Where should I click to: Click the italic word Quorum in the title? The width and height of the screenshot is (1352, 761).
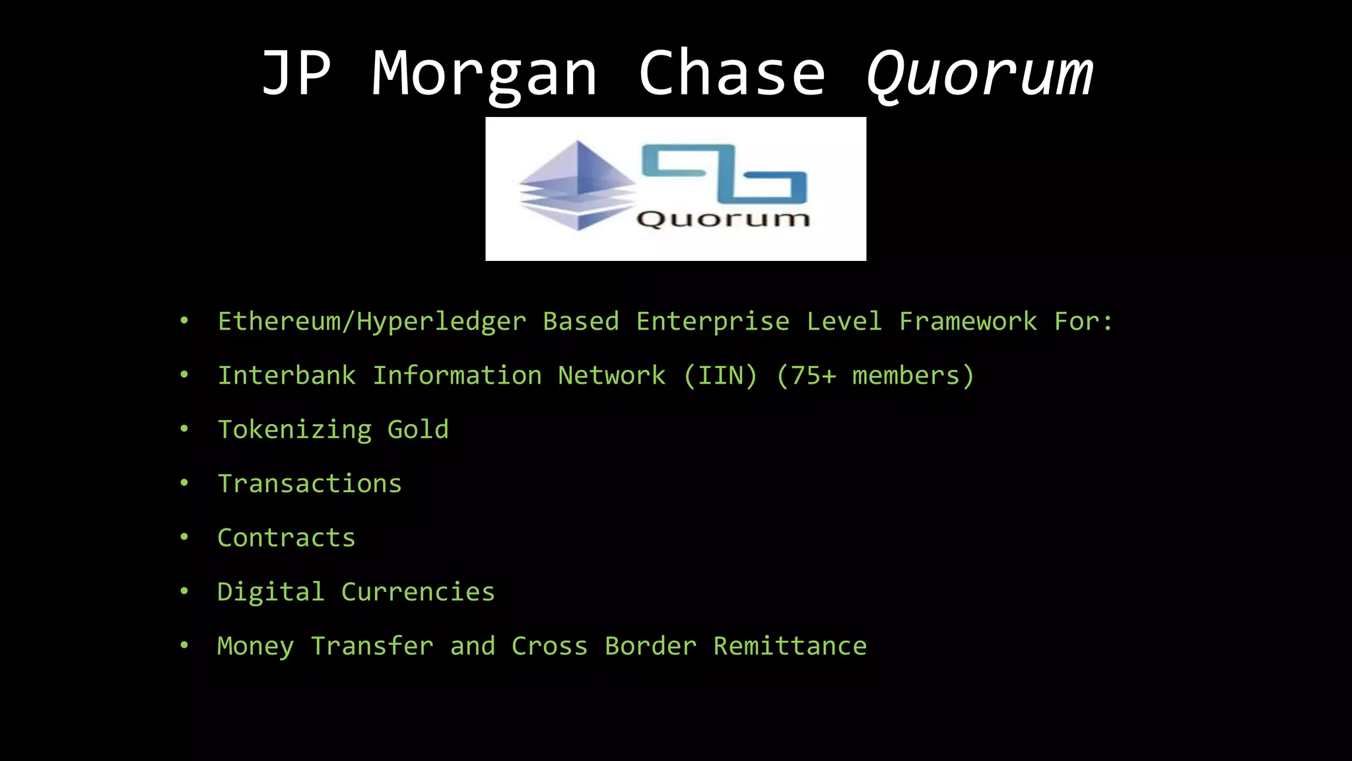[980, 74]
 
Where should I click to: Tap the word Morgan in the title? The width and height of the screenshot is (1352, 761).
[485, 74]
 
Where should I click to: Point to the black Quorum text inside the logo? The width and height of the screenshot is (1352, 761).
[724, 219]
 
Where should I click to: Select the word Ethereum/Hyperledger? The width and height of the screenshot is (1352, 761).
[372, 322]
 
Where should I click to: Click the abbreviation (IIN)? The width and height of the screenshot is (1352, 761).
[720, 376]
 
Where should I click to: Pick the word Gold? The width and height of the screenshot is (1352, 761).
[418, 430]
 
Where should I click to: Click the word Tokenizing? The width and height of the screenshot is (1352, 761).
[294, 430]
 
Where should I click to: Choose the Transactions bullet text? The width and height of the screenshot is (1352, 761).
[310, 484]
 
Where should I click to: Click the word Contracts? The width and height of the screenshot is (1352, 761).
[287, 538]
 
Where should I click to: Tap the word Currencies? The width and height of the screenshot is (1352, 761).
[418, 592]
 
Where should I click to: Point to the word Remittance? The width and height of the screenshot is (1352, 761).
[790, 646]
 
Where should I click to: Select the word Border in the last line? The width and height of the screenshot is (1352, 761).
[650, 646]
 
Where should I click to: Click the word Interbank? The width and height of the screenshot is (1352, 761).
[287, 376]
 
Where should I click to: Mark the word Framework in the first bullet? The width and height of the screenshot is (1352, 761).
[968, 322]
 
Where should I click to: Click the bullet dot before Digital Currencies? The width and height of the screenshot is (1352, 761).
[184, 591]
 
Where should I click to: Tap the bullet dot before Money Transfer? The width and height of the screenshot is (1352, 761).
[184, 645]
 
